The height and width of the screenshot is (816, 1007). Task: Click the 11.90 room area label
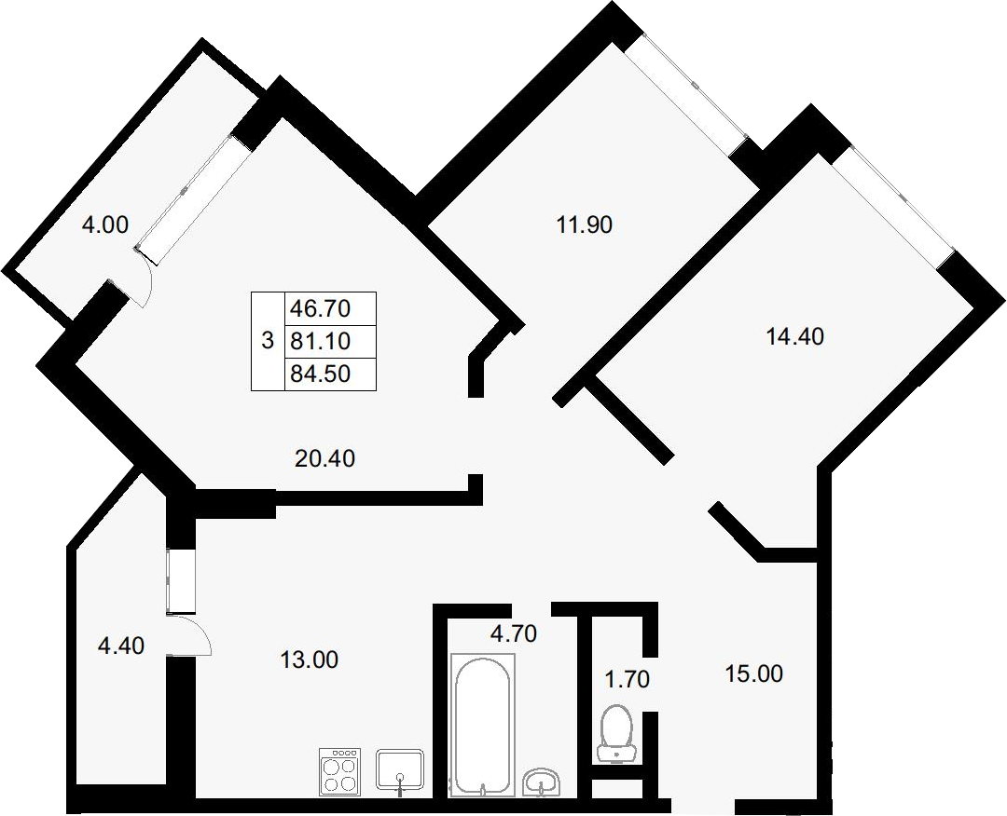point(585,225)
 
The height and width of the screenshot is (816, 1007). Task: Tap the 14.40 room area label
point(795,336)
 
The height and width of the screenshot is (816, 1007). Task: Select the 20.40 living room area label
point(325,458)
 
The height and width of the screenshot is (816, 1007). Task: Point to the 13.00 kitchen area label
point(310,660)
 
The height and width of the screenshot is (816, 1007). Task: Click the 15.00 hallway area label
point(754,674)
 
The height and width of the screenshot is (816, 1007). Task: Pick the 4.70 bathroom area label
point(513,633)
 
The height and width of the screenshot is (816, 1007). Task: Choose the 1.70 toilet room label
point(628,679)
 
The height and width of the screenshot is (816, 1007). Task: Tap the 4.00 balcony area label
point(105,224)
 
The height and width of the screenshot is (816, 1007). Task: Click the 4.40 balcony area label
point(120,646)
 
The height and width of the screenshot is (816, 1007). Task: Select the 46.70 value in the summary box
point(321,308)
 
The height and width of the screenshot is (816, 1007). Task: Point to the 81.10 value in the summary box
point(321,341)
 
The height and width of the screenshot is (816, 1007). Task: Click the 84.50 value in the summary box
point(321,374)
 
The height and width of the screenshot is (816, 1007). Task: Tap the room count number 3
point(268,340)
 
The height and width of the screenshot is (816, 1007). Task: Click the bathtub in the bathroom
point(483,725)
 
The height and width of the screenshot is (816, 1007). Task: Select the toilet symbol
point(616,734)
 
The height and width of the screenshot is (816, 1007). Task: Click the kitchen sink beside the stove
point(399,770)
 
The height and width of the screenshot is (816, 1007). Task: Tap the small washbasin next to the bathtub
point(542,782)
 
